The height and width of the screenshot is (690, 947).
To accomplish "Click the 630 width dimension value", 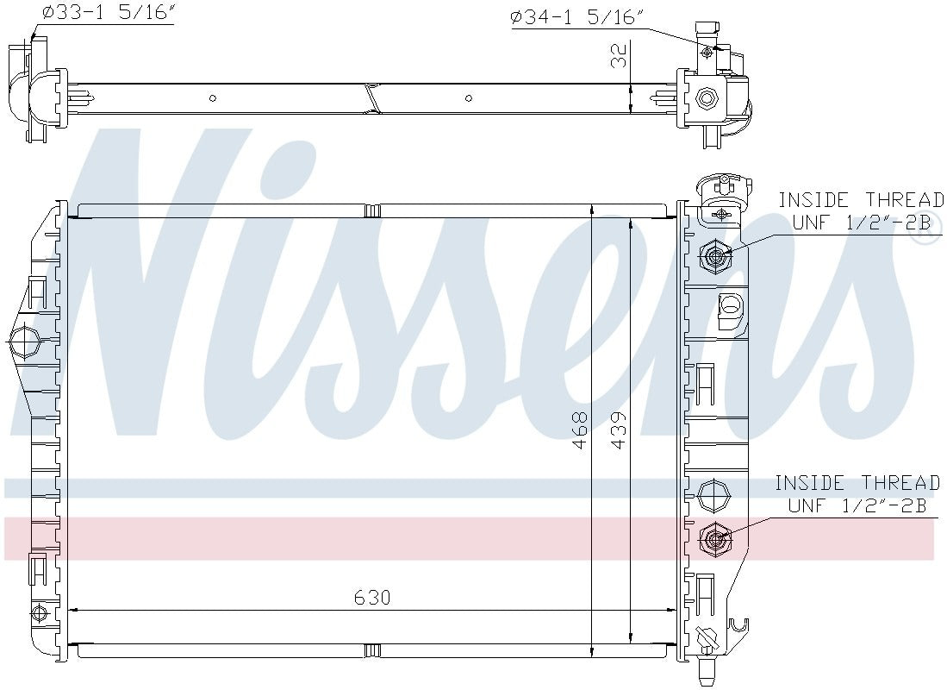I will (x=372, y=597).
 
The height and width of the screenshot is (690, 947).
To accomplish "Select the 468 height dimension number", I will (x=580, y=430).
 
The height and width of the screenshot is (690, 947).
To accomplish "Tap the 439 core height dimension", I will (x=618, y=430).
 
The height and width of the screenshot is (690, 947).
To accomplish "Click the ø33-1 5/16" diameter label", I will (x=108, y=15).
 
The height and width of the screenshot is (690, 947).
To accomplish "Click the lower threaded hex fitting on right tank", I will (x=714, y=539).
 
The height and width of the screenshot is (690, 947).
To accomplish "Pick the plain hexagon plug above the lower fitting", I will (x=713, y=496).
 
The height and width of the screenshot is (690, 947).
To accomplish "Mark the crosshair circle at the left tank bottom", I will (x=36, y=613).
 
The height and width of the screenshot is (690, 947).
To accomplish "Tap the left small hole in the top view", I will (x=214, y=98).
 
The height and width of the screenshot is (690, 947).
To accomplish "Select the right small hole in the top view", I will (x=469, y=98).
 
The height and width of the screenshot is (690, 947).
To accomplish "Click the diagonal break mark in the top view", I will (x=371, y=98).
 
